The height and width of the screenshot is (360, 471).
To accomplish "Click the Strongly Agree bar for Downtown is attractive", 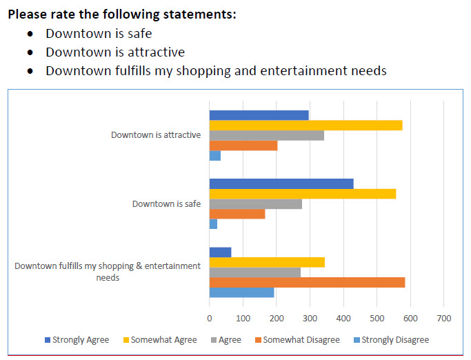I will (x=259, y=115).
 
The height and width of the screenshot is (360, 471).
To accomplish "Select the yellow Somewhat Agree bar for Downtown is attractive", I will (x=305, y=126).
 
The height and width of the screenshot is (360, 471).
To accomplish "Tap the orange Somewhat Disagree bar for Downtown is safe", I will (x=237, y=214).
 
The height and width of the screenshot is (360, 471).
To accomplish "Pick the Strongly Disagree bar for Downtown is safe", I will (x=213, y=224).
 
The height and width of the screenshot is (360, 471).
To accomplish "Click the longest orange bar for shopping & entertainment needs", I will (x=307, y=283).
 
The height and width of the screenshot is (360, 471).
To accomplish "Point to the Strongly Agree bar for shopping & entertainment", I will (x=220, y=252).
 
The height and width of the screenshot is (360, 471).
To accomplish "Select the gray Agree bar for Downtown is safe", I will (x=255, y=204).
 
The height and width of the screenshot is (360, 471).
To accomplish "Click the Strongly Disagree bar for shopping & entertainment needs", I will (x=241, y=293).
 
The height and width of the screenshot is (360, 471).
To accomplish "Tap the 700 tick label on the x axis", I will (x=443, y=319).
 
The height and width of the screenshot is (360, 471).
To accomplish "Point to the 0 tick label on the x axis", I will (x=209, y=319).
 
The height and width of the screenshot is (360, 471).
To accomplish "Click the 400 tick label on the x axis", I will (x=343, y=319).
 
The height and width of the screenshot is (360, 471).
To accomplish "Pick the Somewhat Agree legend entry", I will (x=162, y=340).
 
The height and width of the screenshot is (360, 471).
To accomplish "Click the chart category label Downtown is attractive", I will (x=156, y=135).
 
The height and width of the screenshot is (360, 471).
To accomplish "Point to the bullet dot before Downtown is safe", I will (x=30, y=33).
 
